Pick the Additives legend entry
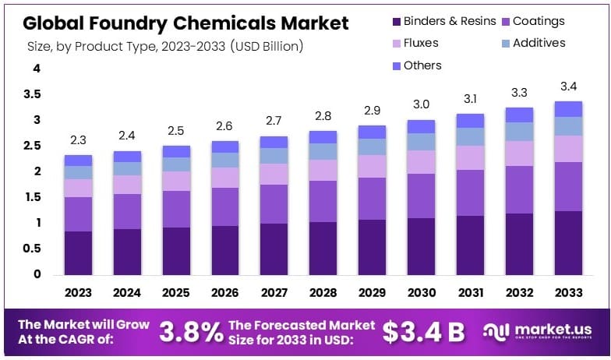(x=539, y=43)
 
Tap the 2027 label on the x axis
(x=274, y=292)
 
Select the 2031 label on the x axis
(x=471, y=292)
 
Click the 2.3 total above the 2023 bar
(x=78, y=141)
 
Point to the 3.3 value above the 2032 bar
(x=520, y=92)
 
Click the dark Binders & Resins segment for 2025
(x=177, y=251)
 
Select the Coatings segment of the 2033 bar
(x=569, y=186)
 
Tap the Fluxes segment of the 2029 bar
(x=373, y=166)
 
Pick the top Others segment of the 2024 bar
(x=127, y=157)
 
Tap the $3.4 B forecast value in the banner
(x=424, y=331)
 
